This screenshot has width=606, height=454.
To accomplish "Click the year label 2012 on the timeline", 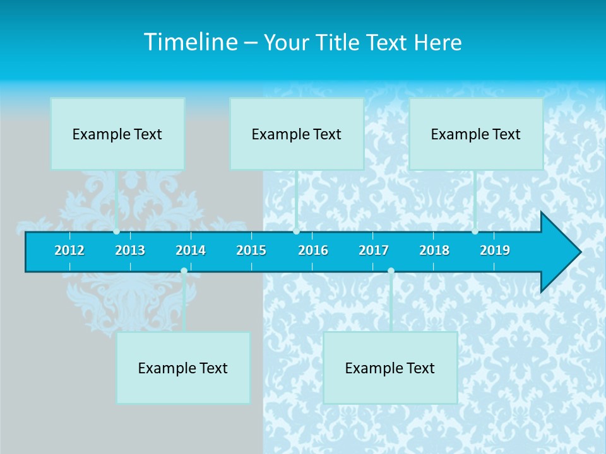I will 69,250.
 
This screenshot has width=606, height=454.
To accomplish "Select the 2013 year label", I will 130,250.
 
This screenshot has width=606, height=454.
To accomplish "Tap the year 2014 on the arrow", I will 191,250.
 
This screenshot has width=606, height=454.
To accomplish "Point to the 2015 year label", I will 251,250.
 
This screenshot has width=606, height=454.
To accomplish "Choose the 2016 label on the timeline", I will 313,250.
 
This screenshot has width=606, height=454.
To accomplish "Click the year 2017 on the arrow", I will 374,250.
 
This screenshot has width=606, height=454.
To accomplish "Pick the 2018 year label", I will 434,250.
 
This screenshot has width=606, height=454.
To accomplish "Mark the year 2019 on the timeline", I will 495,250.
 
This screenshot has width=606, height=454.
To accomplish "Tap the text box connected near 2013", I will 117,134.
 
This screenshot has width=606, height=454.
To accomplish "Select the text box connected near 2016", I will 297,134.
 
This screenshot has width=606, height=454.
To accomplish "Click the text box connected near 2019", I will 476,134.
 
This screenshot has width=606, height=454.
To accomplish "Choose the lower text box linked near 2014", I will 183,368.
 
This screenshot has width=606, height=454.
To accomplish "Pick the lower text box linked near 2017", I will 390,368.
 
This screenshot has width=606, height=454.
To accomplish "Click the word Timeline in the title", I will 189,42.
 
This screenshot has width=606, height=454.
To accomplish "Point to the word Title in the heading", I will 342,43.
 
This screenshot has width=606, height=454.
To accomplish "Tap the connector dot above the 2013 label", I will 117,231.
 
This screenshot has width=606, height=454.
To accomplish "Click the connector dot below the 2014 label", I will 184,271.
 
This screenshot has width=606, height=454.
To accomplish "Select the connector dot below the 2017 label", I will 391,271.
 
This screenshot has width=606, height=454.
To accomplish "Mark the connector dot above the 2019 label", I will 475,231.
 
